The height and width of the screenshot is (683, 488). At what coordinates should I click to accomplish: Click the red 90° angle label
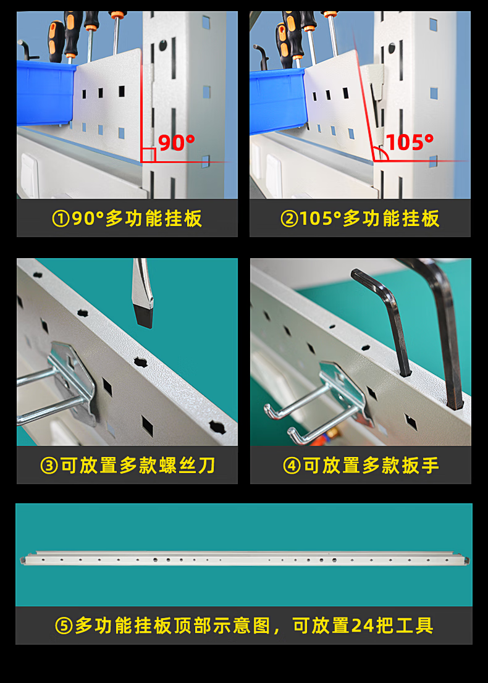pyautogui.click(x=177, y=143)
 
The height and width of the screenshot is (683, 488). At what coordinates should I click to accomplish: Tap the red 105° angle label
pyautogui.click(x=410, y=143)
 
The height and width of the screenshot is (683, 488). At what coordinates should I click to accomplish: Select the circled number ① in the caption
pyautogui.click(x=61, y=219)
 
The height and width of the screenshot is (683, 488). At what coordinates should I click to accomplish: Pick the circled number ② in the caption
pyautogui.click(x=289, y=219)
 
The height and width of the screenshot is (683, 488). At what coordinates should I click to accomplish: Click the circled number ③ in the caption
pyautogui.click(x=49, y=466)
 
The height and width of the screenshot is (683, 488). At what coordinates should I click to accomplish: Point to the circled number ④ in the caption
pyautogui.click(x=292, y=466)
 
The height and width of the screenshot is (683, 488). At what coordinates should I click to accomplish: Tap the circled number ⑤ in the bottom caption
pyautogui.click(x=64, y=626)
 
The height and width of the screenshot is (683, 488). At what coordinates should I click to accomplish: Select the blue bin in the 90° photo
pyautogui.click(x=46, y=93)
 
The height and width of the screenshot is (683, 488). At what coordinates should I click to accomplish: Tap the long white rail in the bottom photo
pyautogui.click(x=245, y=558)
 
